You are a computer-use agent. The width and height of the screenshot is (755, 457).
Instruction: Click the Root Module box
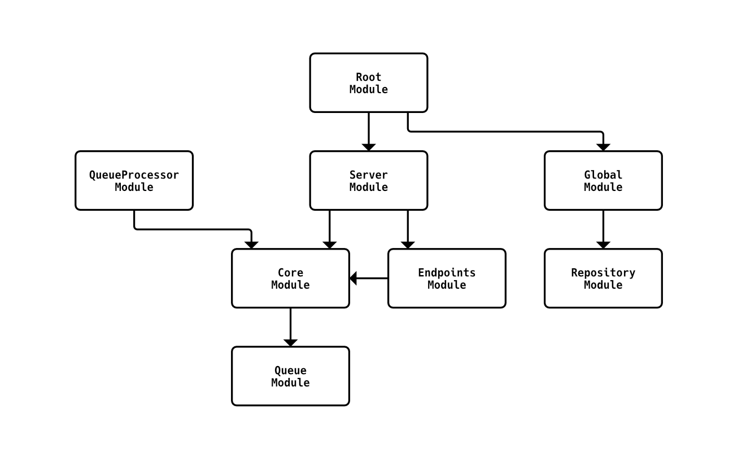[368, 83]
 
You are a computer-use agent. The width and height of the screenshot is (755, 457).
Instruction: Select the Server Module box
[368, 181]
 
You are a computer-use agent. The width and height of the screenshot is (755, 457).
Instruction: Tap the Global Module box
[603, 181]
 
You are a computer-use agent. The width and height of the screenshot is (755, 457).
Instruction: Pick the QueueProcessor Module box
[134, 181]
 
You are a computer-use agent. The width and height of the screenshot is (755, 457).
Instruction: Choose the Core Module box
[290, 278]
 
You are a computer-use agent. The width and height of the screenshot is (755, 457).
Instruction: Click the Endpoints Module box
[447, 278]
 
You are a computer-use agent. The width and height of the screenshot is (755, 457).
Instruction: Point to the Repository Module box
[603, 278]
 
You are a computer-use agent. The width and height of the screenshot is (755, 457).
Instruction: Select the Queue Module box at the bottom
[290, 376]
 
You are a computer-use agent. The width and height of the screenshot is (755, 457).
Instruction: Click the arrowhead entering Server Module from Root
[369, 147]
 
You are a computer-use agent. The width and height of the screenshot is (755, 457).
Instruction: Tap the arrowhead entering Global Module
[603, 147]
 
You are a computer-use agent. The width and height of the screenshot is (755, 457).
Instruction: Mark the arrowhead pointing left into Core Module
[354, 278]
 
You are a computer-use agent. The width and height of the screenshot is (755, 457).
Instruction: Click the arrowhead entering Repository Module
[603, 245]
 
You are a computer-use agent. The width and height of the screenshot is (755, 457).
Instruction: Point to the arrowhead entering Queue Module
[290, 342]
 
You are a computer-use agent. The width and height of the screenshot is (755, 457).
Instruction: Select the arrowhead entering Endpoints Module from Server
[408, 245]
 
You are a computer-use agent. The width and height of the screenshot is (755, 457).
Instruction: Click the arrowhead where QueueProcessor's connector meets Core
[251, 245]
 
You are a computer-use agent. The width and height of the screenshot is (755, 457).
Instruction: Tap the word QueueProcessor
[134, 175]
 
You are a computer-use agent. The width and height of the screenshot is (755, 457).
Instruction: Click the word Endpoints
[447, 273]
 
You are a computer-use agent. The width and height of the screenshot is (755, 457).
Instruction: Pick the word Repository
[603, 273]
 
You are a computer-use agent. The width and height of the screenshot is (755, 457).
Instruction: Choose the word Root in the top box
[368, 77]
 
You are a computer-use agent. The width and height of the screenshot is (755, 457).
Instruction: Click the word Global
[603, 175]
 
